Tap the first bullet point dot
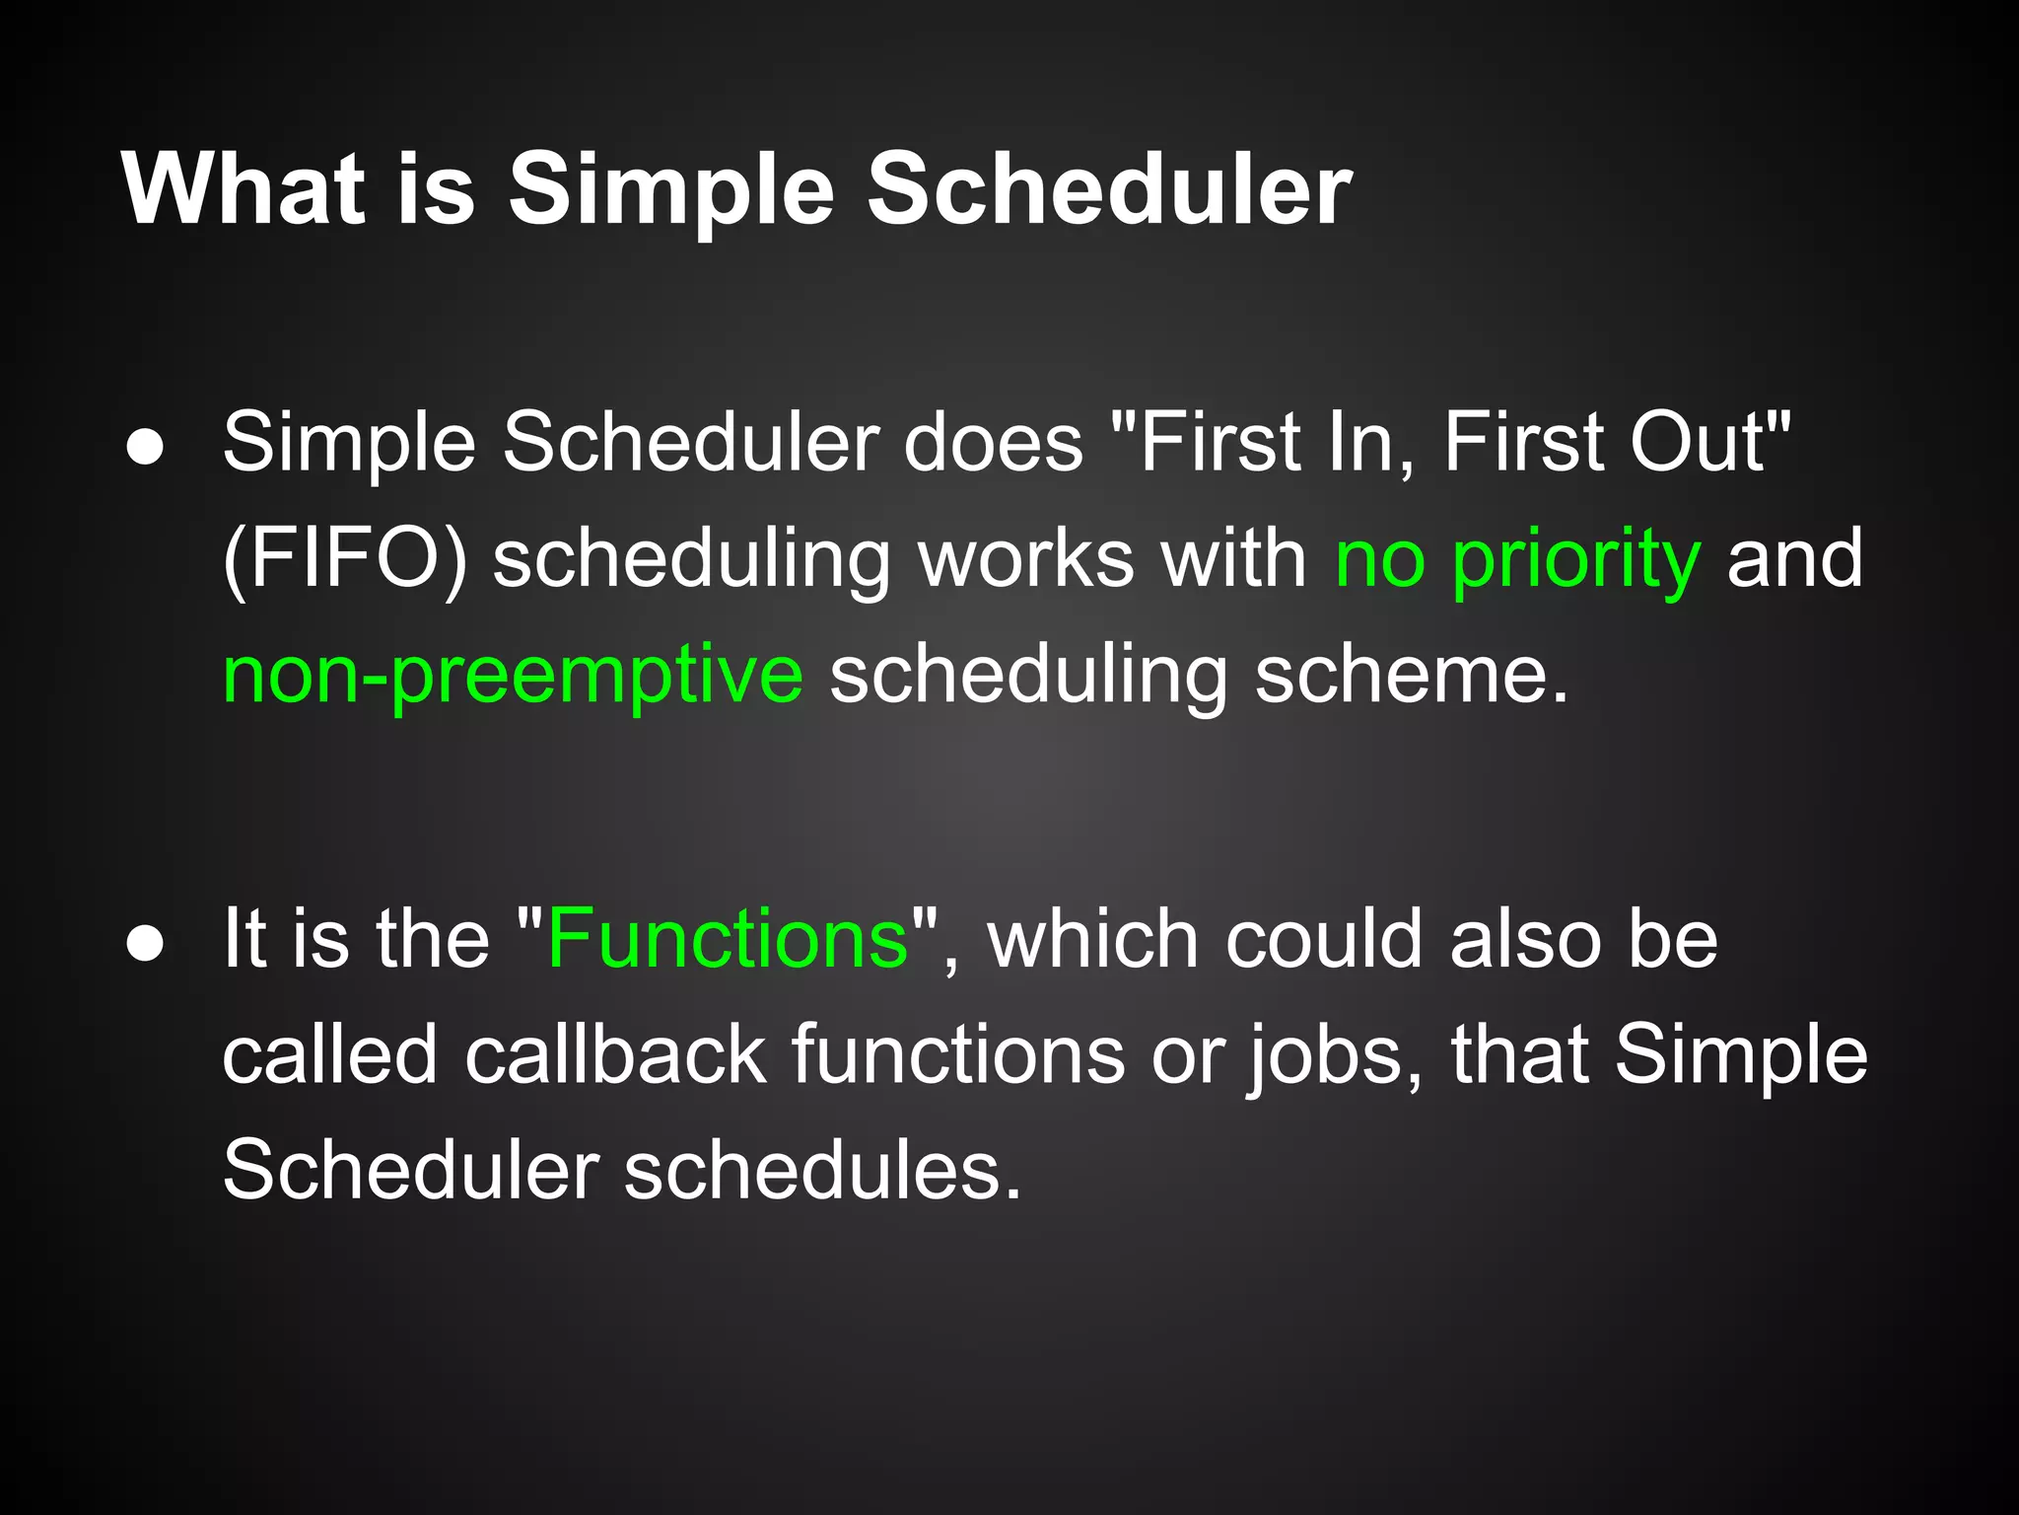click(x=145, y=448)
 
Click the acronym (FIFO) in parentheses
click(x=344, y=560)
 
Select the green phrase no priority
click(x=1517, y=560)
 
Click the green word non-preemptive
click(x=513, y=677)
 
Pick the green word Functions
click(x=728, y=939)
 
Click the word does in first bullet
click(x=994, y=443)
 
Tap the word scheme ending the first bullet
click(x=1410, y=677)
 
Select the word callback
click(x=615, y=1055)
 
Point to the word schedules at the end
click(x=822, y=1172)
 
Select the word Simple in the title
click(x=671, y=192)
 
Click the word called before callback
click(x=329, y=1055)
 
